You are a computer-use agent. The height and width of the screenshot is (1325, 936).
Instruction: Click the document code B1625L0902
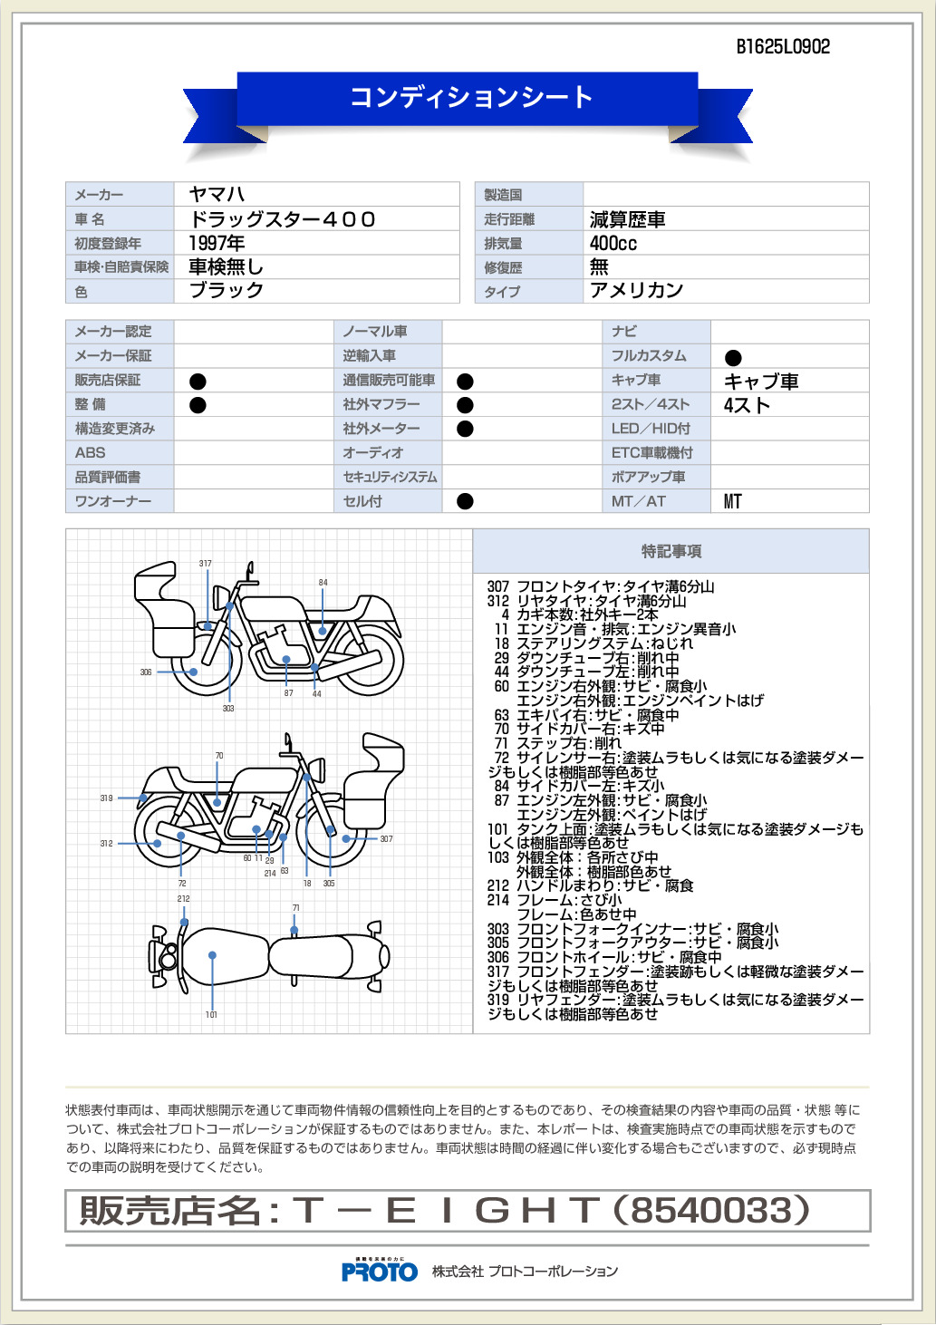point(783,47)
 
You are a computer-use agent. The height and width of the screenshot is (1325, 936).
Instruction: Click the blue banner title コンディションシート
point(471,97)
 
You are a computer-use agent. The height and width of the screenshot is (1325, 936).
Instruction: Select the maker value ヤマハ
point(217,194)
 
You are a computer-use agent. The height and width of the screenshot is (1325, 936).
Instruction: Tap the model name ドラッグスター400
point(282,218)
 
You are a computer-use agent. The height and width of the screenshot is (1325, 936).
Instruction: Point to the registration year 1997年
point(217,243)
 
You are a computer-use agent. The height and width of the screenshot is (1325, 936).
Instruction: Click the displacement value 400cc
point(613,243)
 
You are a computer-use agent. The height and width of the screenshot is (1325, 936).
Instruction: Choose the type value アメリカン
point(636,290)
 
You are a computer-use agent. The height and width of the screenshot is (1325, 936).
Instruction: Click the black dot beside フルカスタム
point(733,357)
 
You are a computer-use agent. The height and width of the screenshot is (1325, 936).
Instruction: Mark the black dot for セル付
point(465,501)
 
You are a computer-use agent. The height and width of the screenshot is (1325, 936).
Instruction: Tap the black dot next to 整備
point(198,404)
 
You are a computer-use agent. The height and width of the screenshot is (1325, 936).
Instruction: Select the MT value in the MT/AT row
point(732,501)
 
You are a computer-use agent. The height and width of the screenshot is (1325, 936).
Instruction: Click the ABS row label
point(90,452)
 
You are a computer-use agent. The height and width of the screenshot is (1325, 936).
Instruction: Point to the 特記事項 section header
point(671,551)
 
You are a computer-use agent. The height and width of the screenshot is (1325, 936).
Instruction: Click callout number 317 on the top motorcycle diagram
point(205,563)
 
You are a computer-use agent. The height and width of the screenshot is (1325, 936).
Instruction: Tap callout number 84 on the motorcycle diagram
point(323,582)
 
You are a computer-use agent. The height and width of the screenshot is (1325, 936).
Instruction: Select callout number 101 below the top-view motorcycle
point(211,1014)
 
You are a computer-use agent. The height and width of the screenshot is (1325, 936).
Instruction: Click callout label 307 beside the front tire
point(386,838)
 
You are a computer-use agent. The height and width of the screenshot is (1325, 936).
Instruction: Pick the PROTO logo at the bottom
point(380,1272)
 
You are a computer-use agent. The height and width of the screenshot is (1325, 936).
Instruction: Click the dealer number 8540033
point(710,1210)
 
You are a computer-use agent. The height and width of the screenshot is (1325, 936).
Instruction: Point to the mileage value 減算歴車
point(627,219)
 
